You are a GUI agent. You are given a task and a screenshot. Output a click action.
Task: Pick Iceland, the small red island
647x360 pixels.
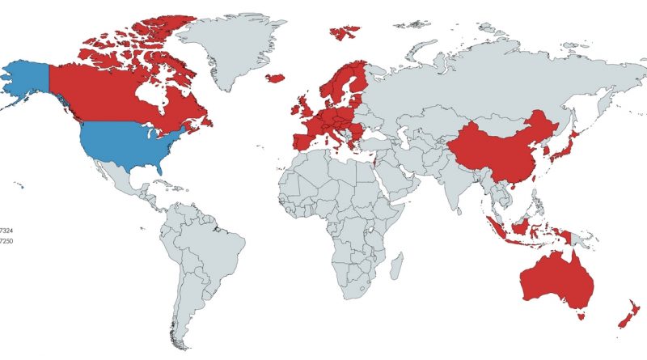coord(275,78)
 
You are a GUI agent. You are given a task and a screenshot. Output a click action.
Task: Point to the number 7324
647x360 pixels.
coord(6,231)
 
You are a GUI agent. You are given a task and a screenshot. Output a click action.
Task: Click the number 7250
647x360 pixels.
coord(6,241)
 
